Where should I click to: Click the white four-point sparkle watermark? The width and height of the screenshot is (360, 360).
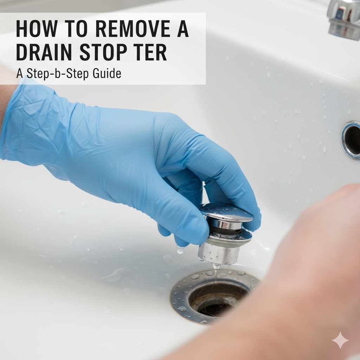point(340,340)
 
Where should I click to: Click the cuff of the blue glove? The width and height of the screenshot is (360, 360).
point(14,120)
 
